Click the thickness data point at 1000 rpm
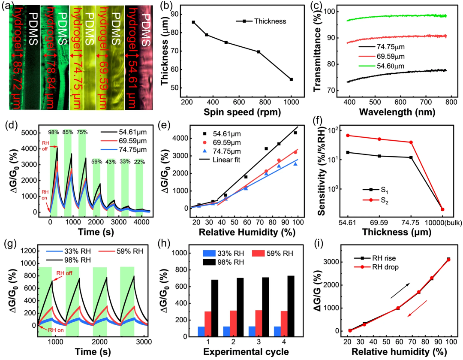click(291, 79)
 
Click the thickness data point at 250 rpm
click(193, 22)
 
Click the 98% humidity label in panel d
click(54, 132)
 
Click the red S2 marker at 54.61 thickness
click(348, 136)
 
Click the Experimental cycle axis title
click(242, 352)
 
